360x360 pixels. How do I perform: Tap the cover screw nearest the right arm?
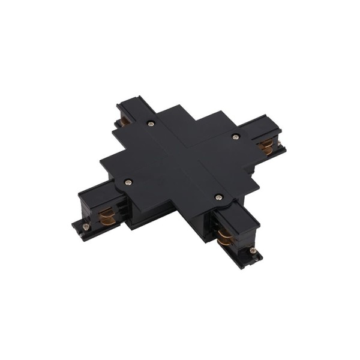235,137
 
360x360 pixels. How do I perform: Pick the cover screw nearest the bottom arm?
217,196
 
